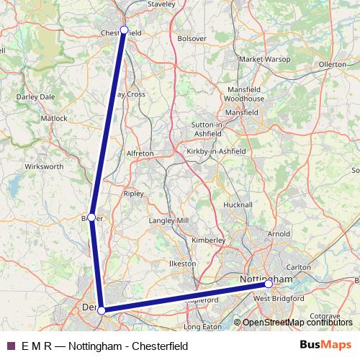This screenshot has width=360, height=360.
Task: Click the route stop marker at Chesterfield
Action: pyautogui.click(x=124, y=30)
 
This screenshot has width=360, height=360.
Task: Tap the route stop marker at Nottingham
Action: pyautogui.click(x=269, y=284)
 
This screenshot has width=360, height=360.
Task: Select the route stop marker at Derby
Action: pyautogui.click(x=102, y=310)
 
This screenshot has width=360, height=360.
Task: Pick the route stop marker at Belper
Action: pyautogui.click(x=91, y=217)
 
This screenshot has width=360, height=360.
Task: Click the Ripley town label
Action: pyautogui.click(x=134, y=194)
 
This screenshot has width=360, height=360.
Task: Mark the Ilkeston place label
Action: pyautogui.click(x=182, y=264)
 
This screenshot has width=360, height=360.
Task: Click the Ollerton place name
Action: pyautogui.click(x=333, y=64)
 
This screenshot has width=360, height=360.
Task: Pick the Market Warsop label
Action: pyautogui.click(x=264, y=59)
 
